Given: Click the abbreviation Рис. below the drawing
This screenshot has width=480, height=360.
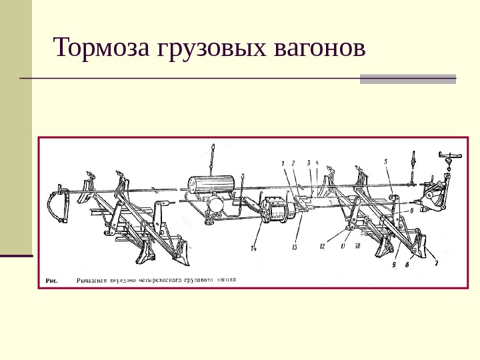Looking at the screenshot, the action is click(51, 281).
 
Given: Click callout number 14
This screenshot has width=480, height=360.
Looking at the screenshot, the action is click(254, 249).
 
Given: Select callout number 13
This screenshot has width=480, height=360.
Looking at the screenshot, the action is click(293, 247).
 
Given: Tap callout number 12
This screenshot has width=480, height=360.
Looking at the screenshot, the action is click(322, 246).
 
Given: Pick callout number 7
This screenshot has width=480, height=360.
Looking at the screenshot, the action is click(437, 263).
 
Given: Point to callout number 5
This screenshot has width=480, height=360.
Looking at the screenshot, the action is click(385, 161).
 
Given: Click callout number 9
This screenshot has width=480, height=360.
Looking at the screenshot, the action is click(395, 264).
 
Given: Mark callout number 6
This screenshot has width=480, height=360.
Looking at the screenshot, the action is click(411, 210).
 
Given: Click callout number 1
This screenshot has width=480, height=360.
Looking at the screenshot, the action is click(283, 163).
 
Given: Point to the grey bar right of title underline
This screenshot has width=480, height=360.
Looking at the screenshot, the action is click(408, 79).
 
